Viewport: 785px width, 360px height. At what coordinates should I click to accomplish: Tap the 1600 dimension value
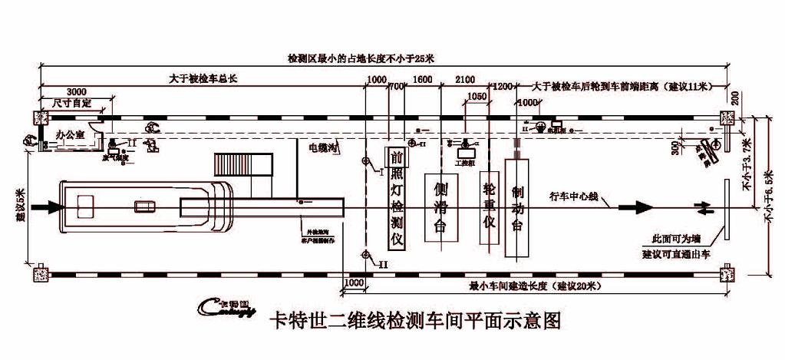(x=423, y=80)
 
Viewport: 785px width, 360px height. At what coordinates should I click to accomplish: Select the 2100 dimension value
(x=466, y=80)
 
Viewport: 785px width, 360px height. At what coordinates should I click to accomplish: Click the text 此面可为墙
(x=672, y=239)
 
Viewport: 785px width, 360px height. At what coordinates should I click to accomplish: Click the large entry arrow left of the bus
(x=45, y=206)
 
